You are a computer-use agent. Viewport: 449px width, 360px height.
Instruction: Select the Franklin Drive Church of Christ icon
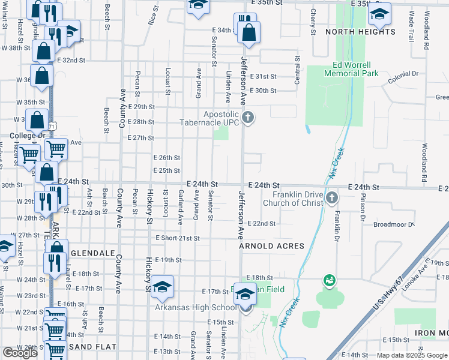(x=332, y=197)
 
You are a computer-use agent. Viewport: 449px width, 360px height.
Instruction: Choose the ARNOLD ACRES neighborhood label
(x=271, y=246)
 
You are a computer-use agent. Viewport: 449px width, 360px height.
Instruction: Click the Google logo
(x=20, y=353)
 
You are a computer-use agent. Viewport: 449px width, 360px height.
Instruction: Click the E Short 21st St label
(x=177, y=238)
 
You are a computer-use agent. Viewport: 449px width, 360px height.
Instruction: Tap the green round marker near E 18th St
(x=328, y=280)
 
